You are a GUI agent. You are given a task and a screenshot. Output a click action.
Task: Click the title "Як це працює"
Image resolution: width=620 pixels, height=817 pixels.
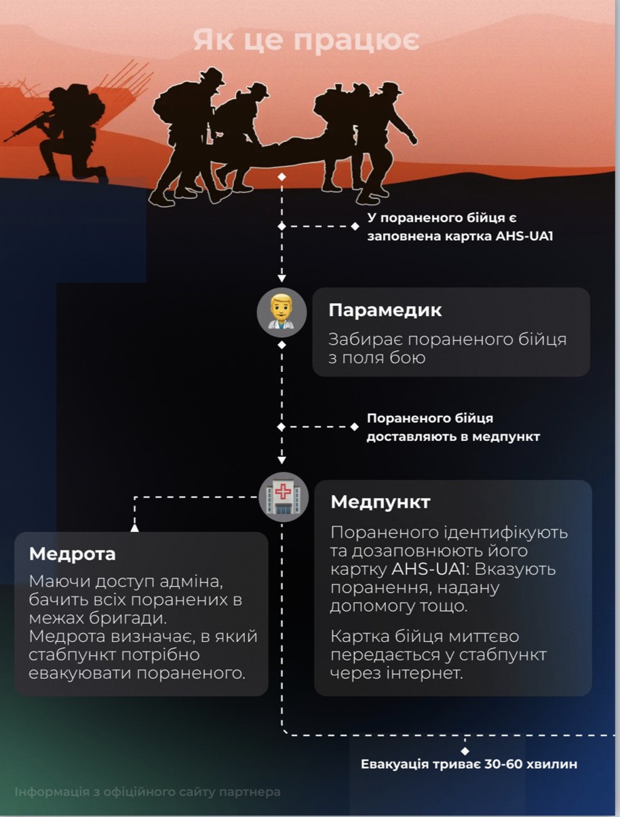307,41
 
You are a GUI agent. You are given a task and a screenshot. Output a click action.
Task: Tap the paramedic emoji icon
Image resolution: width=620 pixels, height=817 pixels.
282,312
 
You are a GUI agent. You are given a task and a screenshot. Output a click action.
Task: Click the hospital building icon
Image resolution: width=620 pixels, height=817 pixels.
283,497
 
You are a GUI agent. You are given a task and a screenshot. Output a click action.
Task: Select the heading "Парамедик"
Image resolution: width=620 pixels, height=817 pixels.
385,310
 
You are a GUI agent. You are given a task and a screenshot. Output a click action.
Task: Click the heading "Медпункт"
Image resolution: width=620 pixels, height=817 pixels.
380,501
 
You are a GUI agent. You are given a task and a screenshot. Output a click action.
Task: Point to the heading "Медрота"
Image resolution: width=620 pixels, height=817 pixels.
72,554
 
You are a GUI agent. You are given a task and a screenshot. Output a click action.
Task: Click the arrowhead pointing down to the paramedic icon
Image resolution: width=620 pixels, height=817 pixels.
282,278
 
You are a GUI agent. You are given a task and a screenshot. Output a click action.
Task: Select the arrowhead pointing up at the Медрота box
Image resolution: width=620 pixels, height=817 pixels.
134,528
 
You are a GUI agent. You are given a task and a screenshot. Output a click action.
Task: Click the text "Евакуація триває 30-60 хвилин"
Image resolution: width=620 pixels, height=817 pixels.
469,764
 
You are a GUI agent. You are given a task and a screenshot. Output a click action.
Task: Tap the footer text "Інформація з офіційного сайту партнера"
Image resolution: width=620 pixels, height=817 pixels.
147,792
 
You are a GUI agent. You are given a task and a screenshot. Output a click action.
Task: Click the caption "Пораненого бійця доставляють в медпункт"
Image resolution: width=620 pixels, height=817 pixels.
453,427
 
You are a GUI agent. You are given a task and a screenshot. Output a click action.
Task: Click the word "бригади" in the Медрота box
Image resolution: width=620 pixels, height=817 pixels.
128,618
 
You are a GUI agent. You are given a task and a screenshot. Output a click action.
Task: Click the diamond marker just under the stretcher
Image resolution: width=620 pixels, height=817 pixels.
282,177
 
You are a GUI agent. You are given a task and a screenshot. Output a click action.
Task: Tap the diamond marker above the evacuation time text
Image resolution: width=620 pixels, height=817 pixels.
465,750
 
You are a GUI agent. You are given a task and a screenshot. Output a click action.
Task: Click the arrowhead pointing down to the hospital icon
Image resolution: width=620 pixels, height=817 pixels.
282,461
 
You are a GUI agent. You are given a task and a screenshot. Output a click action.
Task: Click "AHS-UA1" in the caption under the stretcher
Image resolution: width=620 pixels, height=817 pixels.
524,236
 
